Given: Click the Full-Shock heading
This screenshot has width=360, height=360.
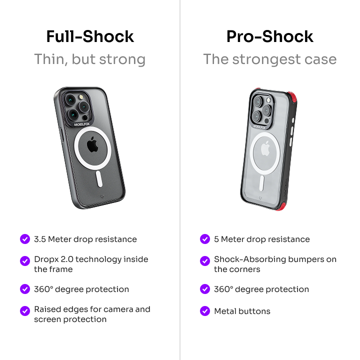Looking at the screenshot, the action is point(90,36).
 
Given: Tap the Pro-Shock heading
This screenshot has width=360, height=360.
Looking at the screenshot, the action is point(270,36).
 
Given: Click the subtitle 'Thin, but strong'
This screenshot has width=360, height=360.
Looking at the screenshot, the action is point(90,59).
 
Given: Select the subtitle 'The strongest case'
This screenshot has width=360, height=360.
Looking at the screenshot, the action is point(270,59).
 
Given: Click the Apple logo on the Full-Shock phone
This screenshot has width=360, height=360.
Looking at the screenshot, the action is point(92,144).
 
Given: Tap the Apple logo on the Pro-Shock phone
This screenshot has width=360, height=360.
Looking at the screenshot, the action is point(265,148).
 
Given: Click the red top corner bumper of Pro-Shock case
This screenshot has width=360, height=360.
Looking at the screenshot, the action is point(292,97).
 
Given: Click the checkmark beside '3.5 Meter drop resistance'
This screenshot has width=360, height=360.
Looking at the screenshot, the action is point(25,239).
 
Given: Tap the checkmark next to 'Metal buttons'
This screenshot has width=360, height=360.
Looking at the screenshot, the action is point(205,311).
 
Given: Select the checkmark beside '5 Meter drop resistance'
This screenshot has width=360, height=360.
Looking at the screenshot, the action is point(205,239).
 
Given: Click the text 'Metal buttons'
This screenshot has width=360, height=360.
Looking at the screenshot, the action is point(242,311).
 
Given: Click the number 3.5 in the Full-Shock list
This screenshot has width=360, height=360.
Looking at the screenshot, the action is point(40,239).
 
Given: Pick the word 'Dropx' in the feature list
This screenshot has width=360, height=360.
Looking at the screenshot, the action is point(46,259).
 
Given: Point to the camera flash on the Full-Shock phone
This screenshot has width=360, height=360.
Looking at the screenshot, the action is point(81,96).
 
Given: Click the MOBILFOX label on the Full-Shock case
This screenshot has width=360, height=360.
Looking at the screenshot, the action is point(82,124).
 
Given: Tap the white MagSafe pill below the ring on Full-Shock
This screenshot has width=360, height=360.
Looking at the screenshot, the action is point(99,179).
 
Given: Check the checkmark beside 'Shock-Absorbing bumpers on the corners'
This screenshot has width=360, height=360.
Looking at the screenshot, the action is point(205,261).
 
